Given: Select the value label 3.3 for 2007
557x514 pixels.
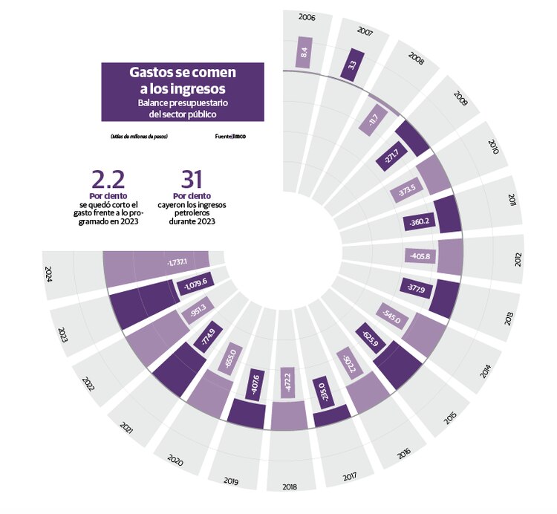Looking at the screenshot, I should tap(351, 65).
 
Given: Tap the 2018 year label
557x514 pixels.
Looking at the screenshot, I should tap(288, 487).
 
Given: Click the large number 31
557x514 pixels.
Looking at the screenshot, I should tap(192, 180).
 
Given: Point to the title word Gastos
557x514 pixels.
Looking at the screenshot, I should tap(152, 73).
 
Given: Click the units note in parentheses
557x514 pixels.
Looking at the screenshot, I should tap(139, 136).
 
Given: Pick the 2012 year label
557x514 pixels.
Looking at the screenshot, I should tap(518, 260).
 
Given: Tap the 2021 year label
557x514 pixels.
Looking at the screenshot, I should tap(127, 428).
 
